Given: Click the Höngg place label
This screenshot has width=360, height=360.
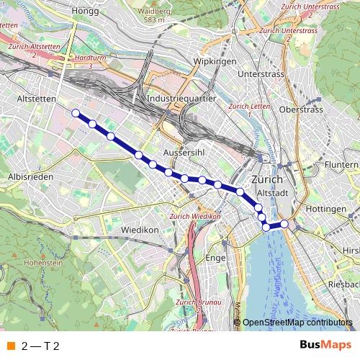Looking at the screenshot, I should [85, 11].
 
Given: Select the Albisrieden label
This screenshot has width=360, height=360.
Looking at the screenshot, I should [27, 176].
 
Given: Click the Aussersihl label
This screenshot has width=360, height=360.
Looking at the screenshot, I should [185, 153].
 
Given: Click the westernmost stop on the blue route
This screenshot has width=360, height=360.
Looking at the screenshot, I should [76, 112].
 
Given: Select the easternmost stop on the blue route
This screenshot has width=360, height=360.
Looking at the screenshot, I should [284, 224].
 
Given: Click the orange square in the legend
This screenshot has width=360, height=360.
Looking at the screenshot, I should [10, 346].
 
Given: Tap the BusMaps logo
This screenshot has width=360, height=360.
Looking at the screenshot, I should [325, 345].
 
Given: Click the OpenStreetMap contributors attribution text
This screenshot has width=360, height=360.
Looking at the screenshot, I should [297, 323].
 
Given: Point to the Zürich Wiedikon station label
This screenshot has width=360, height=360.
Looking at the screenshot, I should [193, 217].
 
